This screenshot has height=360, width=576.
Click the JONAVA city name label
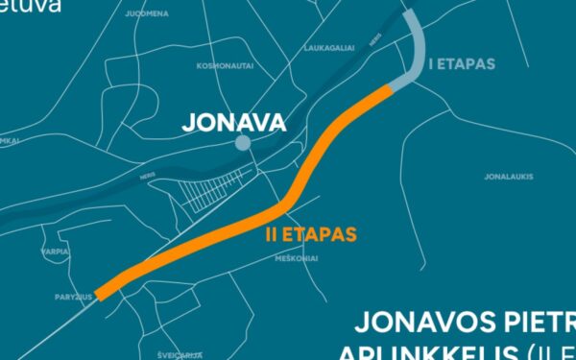coord(234,123)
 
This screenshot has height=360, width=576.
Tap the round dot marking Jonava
coord(243,143)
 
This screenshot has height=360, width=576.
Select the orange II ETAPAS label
coord(310,233)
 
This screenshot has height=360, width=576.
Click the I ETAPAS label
coord(461,64)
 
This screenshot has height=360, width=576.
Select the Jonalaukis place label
coord(509,176)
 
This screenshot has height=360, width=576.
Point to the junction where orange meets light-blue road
coord(392,88)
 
